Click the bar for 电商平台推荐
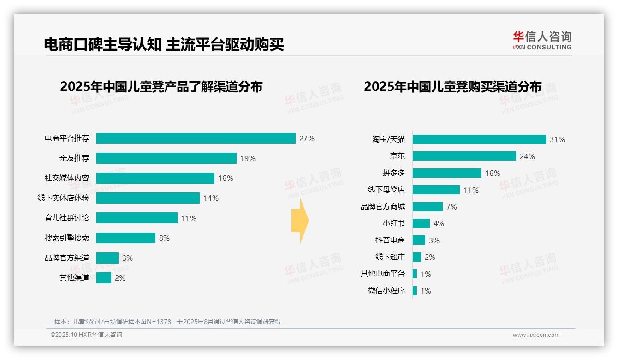(x=196, y=138)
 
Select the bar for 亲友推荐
(x=166, y=158)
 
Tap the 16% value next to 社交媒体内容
(x=226, y=178)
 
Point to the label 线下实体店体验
(x=63, y=198)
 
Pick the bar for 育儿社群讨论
(x=137, y=218)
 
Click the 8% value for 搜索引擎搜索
(x=164, y=238)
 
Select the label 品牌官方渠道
(x=67, y=258)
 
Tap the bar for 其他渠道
(x=104, y=278)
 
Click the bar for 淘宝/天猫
(x=479, y=139)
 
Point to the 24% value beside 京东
(x=527, y=156)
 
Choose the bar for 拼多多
(x=447, y=173)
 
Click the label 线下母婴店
(x=386, y=190)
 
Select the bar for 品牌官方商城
(x=428, y=207)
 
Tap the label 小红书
(x=393, y=223)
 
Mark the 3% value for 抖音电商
(x=434, y=240)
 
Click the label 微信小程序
(x=386, y=291)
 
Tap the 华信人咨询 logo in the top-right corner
(x=542, y=40)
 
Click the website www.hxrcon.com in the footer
(x=536, y=335)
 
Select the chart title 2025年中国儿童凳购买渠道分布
(x=452, y=87)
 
